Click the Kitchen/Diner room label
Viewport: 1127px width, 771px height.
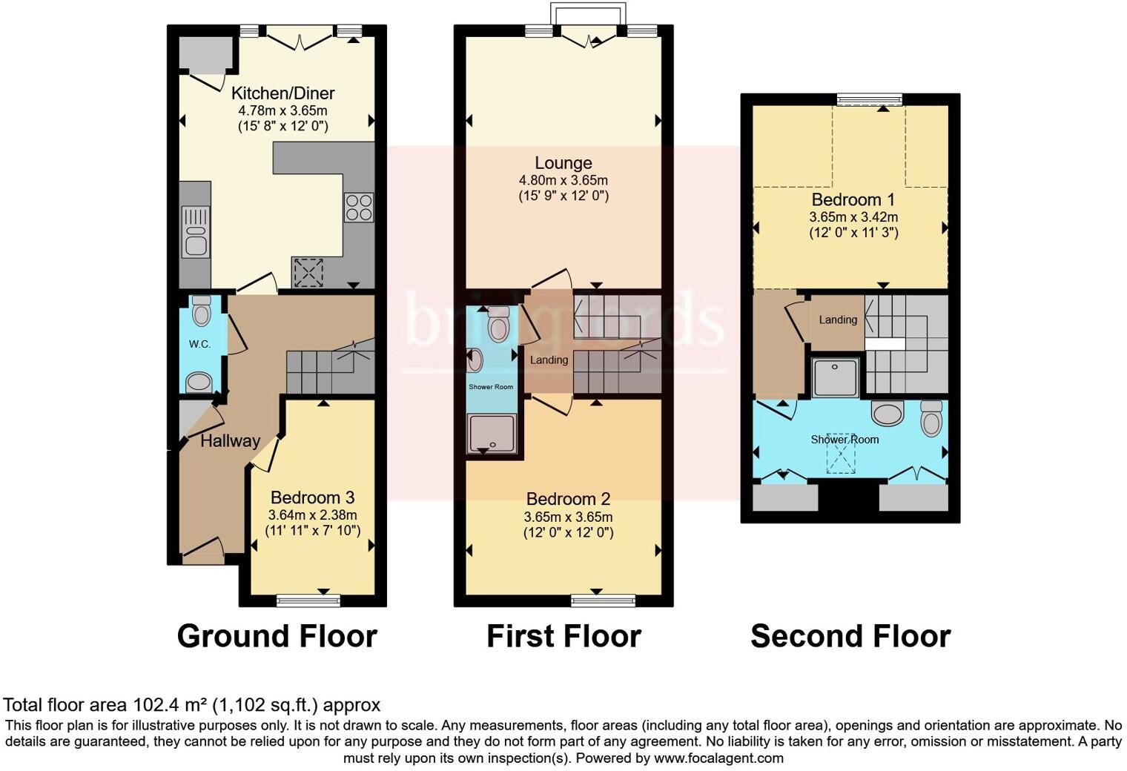click(x=282, y=93)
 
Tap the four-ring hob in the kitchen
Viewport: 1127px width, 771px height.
click(x=359, y=207)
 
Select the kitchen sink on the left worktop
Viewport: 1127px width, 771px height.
click(x=196, y=231)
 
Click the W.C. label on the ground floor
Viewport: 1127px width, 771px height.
click(x=199, y=344)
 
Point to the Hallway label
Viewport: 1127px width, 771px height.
click(x=230, y=441)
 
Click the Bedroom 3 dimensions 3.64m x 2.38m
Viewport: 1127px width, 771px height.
click(x=312, y=515)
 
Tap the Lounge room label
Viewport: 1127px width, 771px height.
click(x=563, y=163)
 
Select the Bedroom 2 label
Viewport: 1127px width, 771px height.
click(x=568, y=499)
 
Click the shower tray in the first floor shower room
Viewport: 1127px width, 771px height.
click(x=490, y=433)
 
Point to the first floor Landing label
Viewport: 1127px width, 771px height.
click(x=549, y=360)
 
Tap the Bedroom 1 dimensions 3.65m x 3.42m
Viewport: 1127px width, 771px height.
click(x=853, y=217)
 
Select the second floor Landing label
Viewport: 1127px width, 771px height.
click(x=838, y=320)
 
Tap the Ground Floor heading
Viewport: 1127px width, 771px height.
click(x=277, y=636)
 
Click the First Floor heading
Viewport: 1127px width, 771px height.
click(x=563, y=636)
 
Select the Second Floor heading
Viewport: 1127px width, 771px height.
click(x=850, y=636)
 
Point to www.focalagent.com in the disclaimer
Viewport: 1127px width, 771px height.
click(x=718, y=758)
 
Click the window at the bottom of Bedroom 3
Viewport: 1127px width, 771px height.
click(x=308, y=600)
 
